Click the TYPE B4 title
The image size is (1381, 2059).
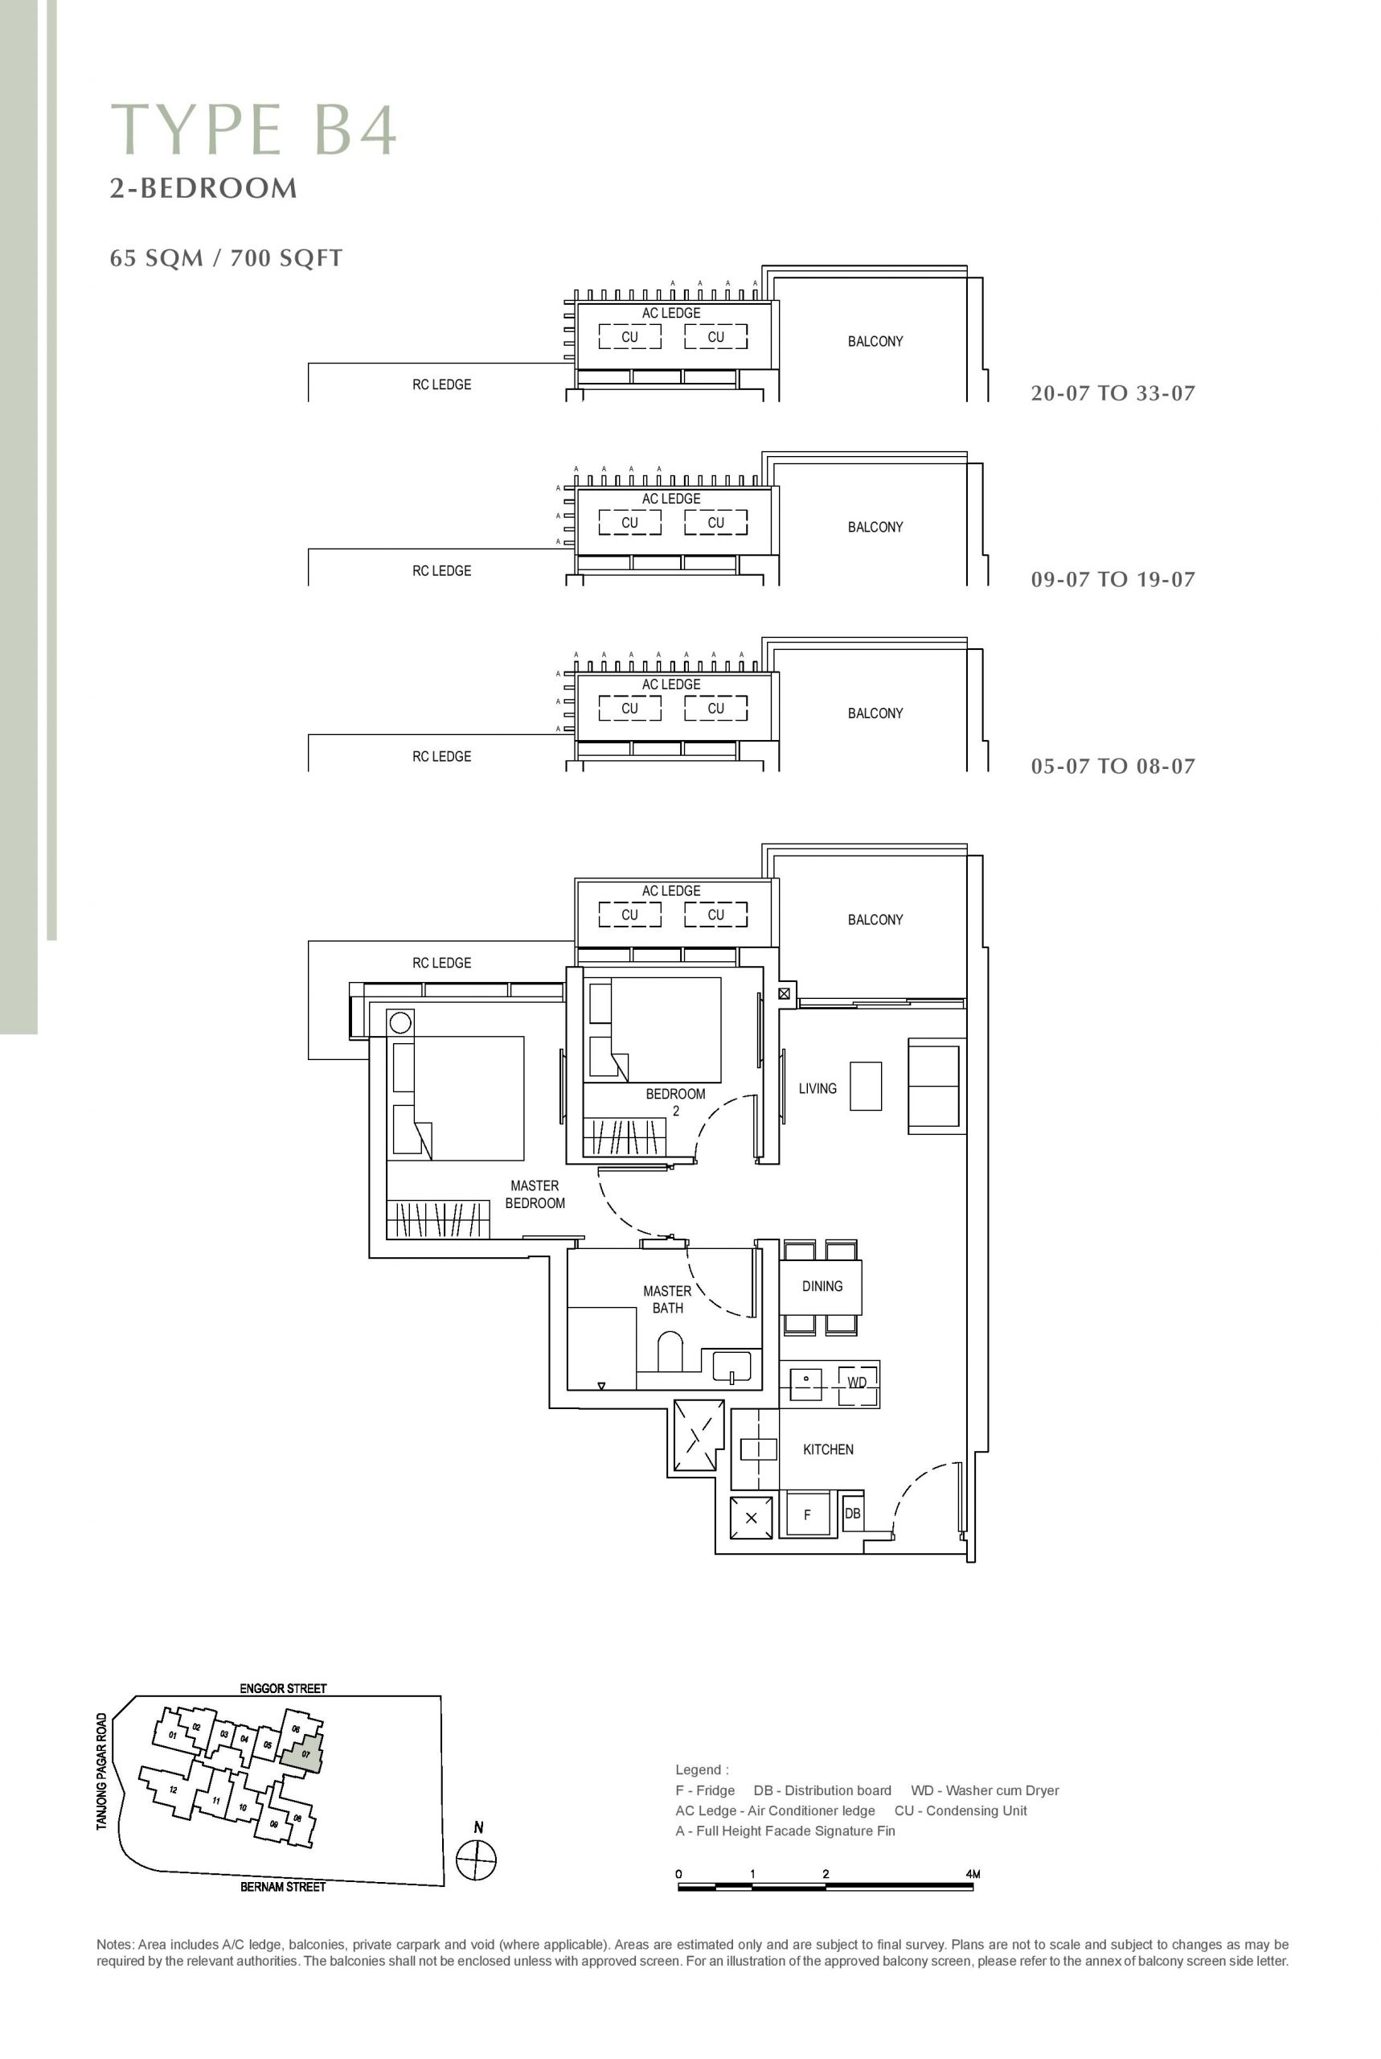254,129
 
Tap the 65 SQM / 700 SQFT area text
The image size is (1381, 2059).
227,258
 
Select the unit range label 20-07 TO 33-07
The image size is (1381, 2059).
1113,393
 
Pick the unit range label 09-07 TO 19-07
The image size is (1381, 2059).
1113,580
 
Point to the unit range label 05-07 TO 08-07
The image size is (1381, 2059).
1113,766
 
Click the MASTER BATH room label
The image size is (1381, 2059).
668,1300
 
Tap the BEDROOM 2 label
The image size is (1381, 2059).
675,1102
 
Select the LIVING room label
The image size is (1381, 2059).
818,1089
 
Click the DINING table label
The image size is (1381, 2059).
822,1286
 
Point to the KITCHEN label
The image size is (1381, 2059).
828,1449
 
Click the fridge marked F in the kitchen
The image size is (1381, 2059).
808,1514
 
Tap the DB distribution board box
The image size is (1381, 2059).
853,1514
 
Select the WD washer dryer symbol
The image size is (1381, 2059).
857,1383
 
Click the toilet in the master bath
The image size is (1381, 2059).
671,1350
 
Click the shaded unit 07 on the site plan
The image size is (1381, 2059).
301,1753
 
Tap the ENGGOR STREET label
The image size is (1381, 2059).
283,1688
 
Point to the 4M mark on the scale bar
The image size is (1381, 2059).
973,1874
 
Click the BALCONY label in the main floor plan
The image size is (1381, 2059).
875,920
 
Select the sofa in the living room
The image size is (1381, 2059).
934,1086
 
